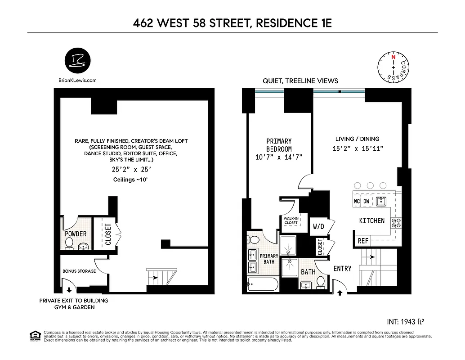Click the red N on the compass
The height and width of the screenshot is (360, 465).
click(393, 57)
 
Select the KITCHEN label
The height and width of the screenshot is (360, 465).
click(371, 220)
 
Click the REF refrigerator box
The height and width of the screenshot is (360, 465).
click(363, 241)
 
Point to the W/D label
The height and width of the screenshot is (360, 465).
click(318, 227)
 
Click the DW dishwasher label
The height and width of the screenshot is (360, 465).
click(367, 201)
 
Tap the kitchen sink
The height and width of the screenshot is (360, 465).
click(381, 201)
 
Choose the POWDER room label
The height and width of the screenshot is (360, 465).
click(76, 234)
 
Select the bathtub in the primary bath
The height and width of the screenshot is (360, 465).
click(263, 284)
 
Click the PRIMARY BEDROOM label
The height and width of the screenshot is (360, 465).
click(279, 145)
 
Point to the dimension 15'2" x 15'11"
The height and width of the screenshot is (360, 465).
click(357, 148)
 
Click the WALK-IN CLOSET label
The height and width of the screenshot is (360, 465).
click(291, 220)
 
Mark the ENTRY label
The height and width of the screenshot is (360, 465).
click(342, 269)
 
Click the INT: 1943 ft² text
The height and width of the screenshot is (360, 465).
click(406, 322)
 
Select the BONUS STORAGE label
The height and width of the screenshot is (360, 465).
click(79, 271)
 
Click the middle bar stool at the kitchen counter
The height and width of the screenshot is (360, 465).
click(370, 185)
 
